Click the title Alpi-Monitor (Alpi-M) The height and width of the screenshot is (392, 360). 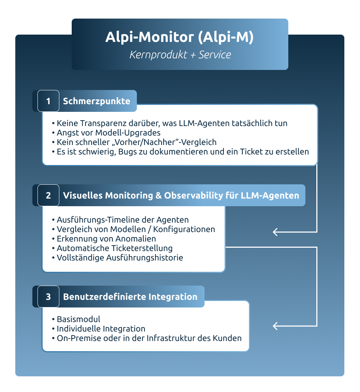click(x=179, y=38)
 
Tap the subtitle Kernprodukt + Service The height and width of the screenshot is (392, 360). click(x=180, y=55)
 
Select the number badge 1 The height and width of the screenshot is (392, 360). click(x=48, y=101)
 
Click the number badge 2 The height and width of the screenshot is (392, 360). click(x=48, y=195)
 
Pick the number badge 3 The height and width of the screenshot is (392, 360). click(x=48, y=297)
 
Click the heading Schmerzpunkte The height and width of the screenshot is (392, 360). click(x=96, y=101)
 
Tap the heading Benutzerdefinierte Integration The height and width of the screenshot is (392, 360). click(x=130, y=297)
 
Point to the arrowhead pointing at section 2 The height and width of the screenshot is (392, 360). click(x=275, y=232)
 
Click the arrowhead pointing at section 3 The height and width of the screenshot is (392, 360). click(x=275, y=326)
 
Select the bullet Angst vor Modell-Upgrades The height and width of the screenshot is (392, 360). click(x=108, y=133)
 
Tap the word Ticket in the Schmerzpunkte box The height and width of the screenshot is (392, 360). click(x=258, y=152)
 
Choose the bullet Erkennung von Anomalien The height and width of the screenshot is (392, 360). click(x=106, y=239)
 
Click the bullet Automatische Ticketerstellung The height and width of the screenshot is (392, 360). click(x=115, y=248)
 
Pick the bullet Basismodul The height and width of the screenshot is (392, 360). click(x=78, y=320)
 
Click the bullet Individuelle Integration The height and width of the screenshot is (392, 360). click(x=101, y=329)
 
